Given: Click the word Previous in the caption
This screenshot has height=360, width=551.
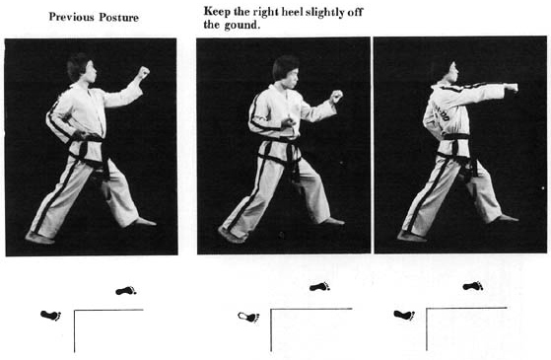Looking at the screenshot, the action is (72, 17).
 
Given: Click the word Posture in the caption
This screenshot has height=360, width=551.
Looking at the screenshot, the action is (118, 17).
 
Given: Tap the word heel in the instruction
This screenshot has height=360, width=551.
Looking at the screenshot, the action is (291, 12).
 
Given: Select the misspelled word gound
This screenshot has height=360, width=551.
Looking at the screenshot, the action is (242, 26).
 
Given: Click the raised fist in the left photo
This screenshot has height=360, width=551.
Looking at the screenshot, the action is (143, 73).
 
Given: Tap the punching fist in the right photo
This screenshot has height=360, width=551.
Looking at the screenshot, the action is (513, 87).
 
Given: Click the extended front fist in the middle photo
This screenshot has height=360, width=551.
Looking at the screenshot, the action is (336, 96).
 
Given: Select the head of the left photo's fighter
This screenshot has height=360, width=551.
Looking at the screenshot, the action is (82, 67).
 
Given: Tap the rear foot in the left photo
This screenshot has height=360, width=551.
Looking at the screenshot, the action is (39, 238).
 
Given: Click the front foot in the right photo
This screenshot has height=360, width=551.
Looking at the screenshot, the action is (506, 219).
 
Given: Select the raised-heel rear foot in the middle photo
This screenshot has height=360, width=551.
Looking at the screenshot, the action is (232, 235).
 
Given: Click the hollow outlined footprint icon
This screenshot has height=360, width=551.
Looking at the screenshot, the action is (248, 317).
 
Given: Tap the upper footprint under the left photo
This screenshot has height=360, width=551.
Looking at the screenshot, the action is (126, 291).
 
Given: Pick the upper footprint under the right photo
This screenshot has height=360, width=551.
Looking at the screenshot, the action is (473, 286).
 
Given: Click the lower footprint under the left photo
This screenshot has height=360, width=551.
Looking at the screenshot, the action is (51, 316).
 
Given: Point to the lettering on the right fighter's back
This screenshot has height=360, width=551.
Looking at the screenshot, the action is (440, 111).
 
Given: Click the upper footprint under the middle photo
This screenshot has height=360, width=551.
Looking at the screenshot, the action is (319, 287).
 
